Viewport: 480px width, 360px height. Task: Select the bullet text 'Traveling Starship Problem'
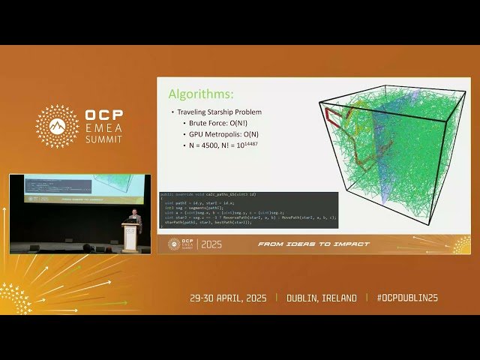click(217, 112)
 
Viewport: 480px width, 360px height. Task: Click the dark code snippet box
click(249, 210)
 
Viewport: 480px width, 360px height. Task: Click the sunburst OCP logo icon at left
click(57, 126)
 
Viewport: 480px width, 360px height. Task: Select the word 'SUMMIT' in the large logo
click(105, 139)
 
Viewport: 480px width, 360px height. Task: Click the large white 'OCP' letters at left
click(104, 115)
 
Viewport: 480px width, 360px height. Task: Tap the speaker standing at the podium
click(133, 220)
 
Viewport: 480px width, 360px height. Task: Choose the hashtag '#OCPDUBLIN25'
click(407, 298)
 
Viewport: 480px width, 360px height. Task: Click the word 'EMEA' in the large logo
click(104, 128)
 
